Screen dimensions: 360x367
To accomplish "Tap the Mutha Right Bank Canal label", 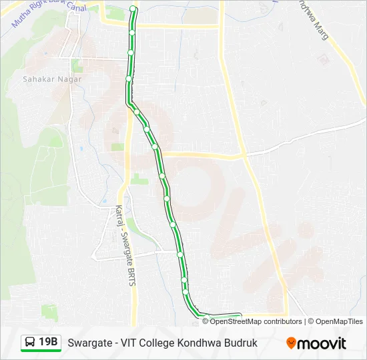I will [x=50, y=13].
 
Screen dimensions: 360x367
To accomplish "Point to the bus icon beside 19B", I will [x=30, y=343].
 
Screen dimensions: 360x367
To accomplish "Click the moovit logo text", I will [x=322, y=343].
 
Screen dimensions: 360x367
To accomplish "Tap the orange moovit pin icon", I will [x=291, y=343].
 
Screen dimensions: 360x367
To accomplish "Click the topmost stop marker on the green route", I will [x=133, y=9].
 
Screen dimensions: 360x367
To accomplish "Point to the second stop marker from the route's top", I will [x=132, y=31].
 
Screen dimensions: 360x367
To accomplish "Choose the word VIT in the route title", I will [x=129, y=343].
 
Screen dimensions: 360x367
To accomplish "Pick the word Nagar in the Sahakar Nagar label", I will [x=69, y=79].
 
